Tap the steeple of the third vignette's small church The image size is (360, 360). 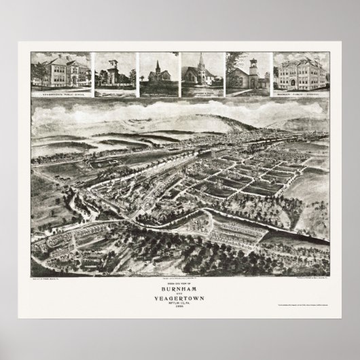[x=157, y=65]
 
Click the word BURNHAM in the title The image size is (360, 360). [x=180, y=286]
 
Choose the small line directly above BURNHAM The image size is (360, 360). [x=180, y=281]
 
